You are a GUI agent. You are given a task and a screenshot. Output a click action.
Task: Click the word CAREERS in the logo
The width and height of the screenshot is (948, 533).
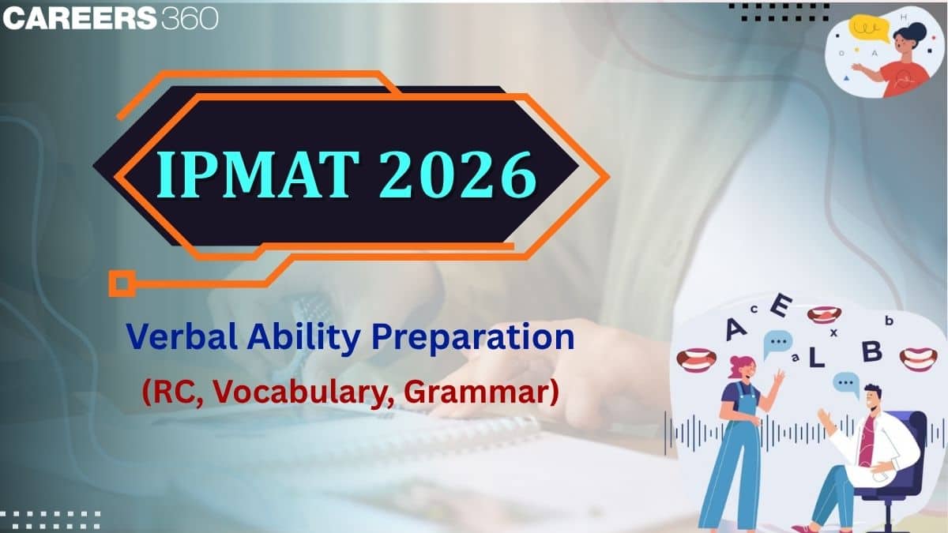pos(79,19)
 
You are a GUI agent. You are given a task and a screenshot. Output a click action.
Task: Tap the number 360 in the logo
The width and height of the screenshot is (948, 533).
pos(190,19)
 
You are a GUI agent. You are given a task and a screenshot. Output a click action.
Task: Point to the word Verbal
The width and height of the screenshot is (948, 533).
pos(175,338)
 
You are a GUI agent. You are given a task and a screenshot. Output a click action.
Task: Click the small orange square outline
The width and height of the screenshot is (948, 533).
pos(120,282)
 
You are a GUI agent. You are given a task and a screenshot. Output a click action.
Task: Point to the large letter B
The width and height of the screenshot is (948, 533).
pos(871,352)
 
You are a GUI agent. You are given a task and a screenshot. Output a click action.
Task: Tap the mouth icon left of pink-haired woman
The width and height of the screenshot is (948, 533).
pos(697,359)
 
